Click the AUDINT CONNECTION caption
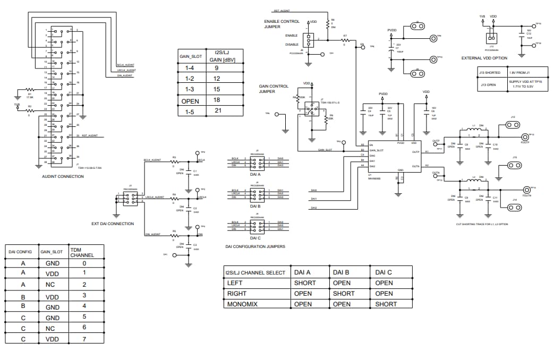[63, 176]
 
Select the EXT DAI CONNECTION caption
[113, 224]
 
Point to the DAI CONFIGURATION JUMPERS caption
[255, 246]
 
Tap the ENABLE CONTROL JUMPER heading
[282, 24]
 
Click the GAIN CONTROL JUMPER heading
[274, 88]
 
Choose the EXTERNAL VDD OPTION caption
[484, 58]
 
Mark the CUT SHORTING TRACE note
[481, 224]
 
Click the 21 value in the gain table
[217, 110]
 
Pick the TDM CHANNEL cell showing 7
[84, 339]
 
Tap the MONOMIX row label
[242, 304]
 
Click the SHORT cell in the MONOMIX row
[386, 304]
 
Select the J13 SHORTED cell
[490, 72]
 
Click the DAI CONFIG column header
[21, 252]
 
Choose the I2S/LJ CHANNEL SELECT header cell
[256, 272]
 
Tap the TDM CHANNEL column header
[82, 252]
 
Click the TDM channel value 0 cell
[84, 263]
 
